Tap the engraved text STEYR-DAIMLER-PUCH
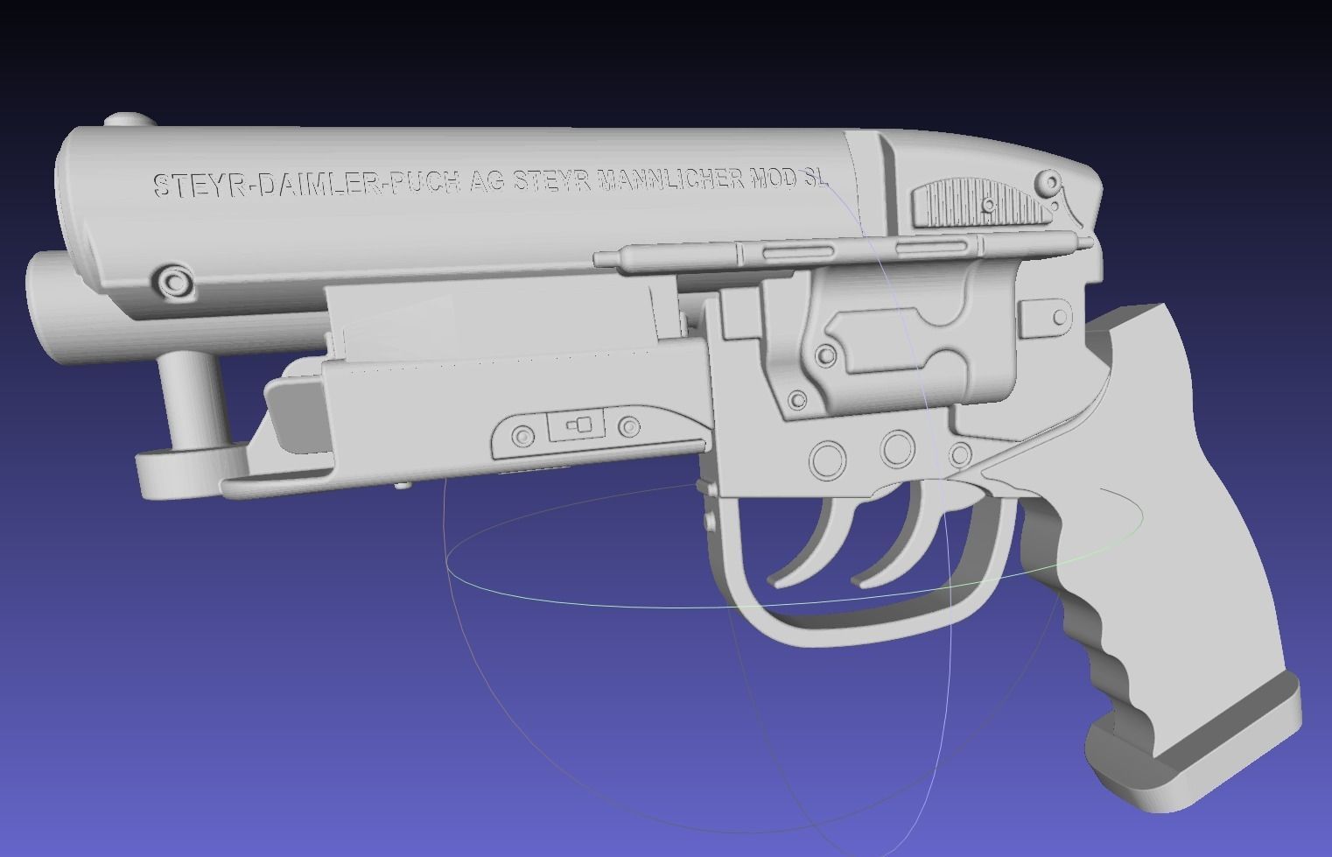(x=306, y=185)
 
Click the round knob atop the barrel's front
(x=126, y=120)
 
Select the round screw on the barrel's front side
(x=172, y=282)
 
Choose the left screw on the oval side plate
(x=522, y=435)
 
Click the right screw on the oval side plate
(x=628, y=427)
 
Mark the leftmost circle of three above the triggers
(x=828, y=459)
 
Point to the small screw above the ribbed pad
(x=1048, y=183)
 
